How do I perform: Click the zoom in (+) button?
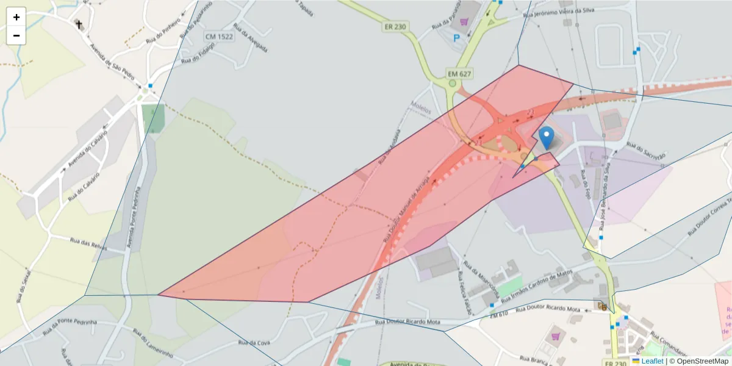click(16, 17)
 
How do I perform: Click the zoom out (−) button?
click(16, 35)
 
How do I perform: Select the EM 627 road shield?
click(459, 74)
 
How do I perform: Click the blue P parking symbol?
click(456, 38)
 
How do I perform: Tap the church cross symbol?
click(78, 24)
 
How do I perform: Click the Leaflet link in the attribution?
click(651, 361)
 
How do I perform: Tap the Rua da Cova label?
click(254, 343)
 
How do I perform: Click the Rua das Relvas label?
click(88, 244)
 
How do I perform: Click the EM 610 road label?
click(499, 314)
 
